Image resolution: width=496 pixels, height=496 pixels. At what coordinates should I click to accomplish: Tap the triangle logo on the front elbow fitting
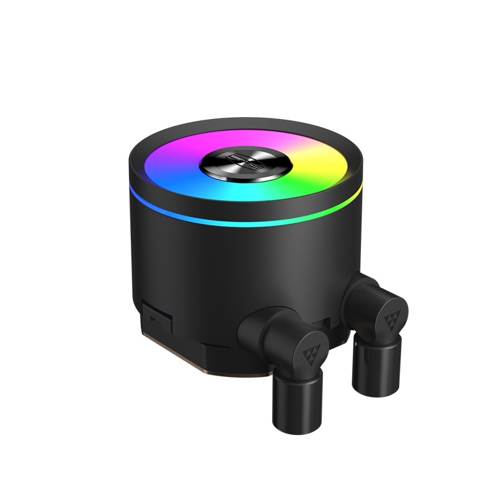310,343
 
